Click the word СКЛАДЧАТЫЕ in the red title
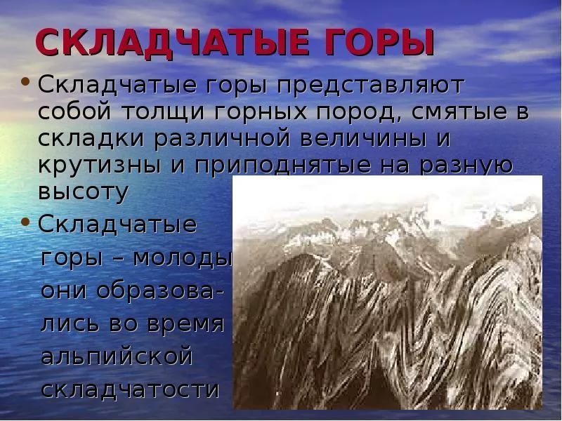(x=172, y=42)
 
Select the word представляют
(x=370, y=86)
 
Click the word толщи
(x=163, y=112)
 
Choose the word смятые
(x=459, y=112)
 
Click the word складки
(x=91, y=139)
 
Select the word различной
(x=222, y=139)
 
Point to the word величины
(x=363, y=139)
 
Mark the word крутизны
(x=99, y=166)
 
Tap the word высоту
(x=83, y=192)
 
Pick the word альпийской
(x=117, y=356)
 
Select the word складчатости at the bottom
(x=130, y=388)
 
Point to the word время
(x=185, y=323)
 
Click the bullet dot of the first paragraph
(x=25, y=81)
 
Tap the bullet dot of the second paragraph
(x=25, y=222)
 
